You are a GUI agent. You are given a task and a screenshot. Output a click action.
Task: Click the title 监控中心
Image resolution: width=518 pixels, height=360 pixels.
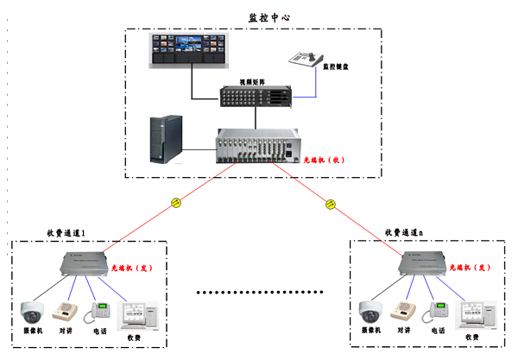click(258, 16)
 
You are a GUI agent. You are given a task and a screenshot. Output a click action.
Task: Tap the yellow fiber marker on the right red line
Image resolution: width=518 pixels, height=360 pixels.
click(330, 204)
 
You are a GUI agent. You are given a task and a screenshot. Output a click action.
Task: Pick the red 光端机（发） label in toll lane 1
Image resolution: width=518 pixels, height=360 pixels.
click(130, 268)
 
